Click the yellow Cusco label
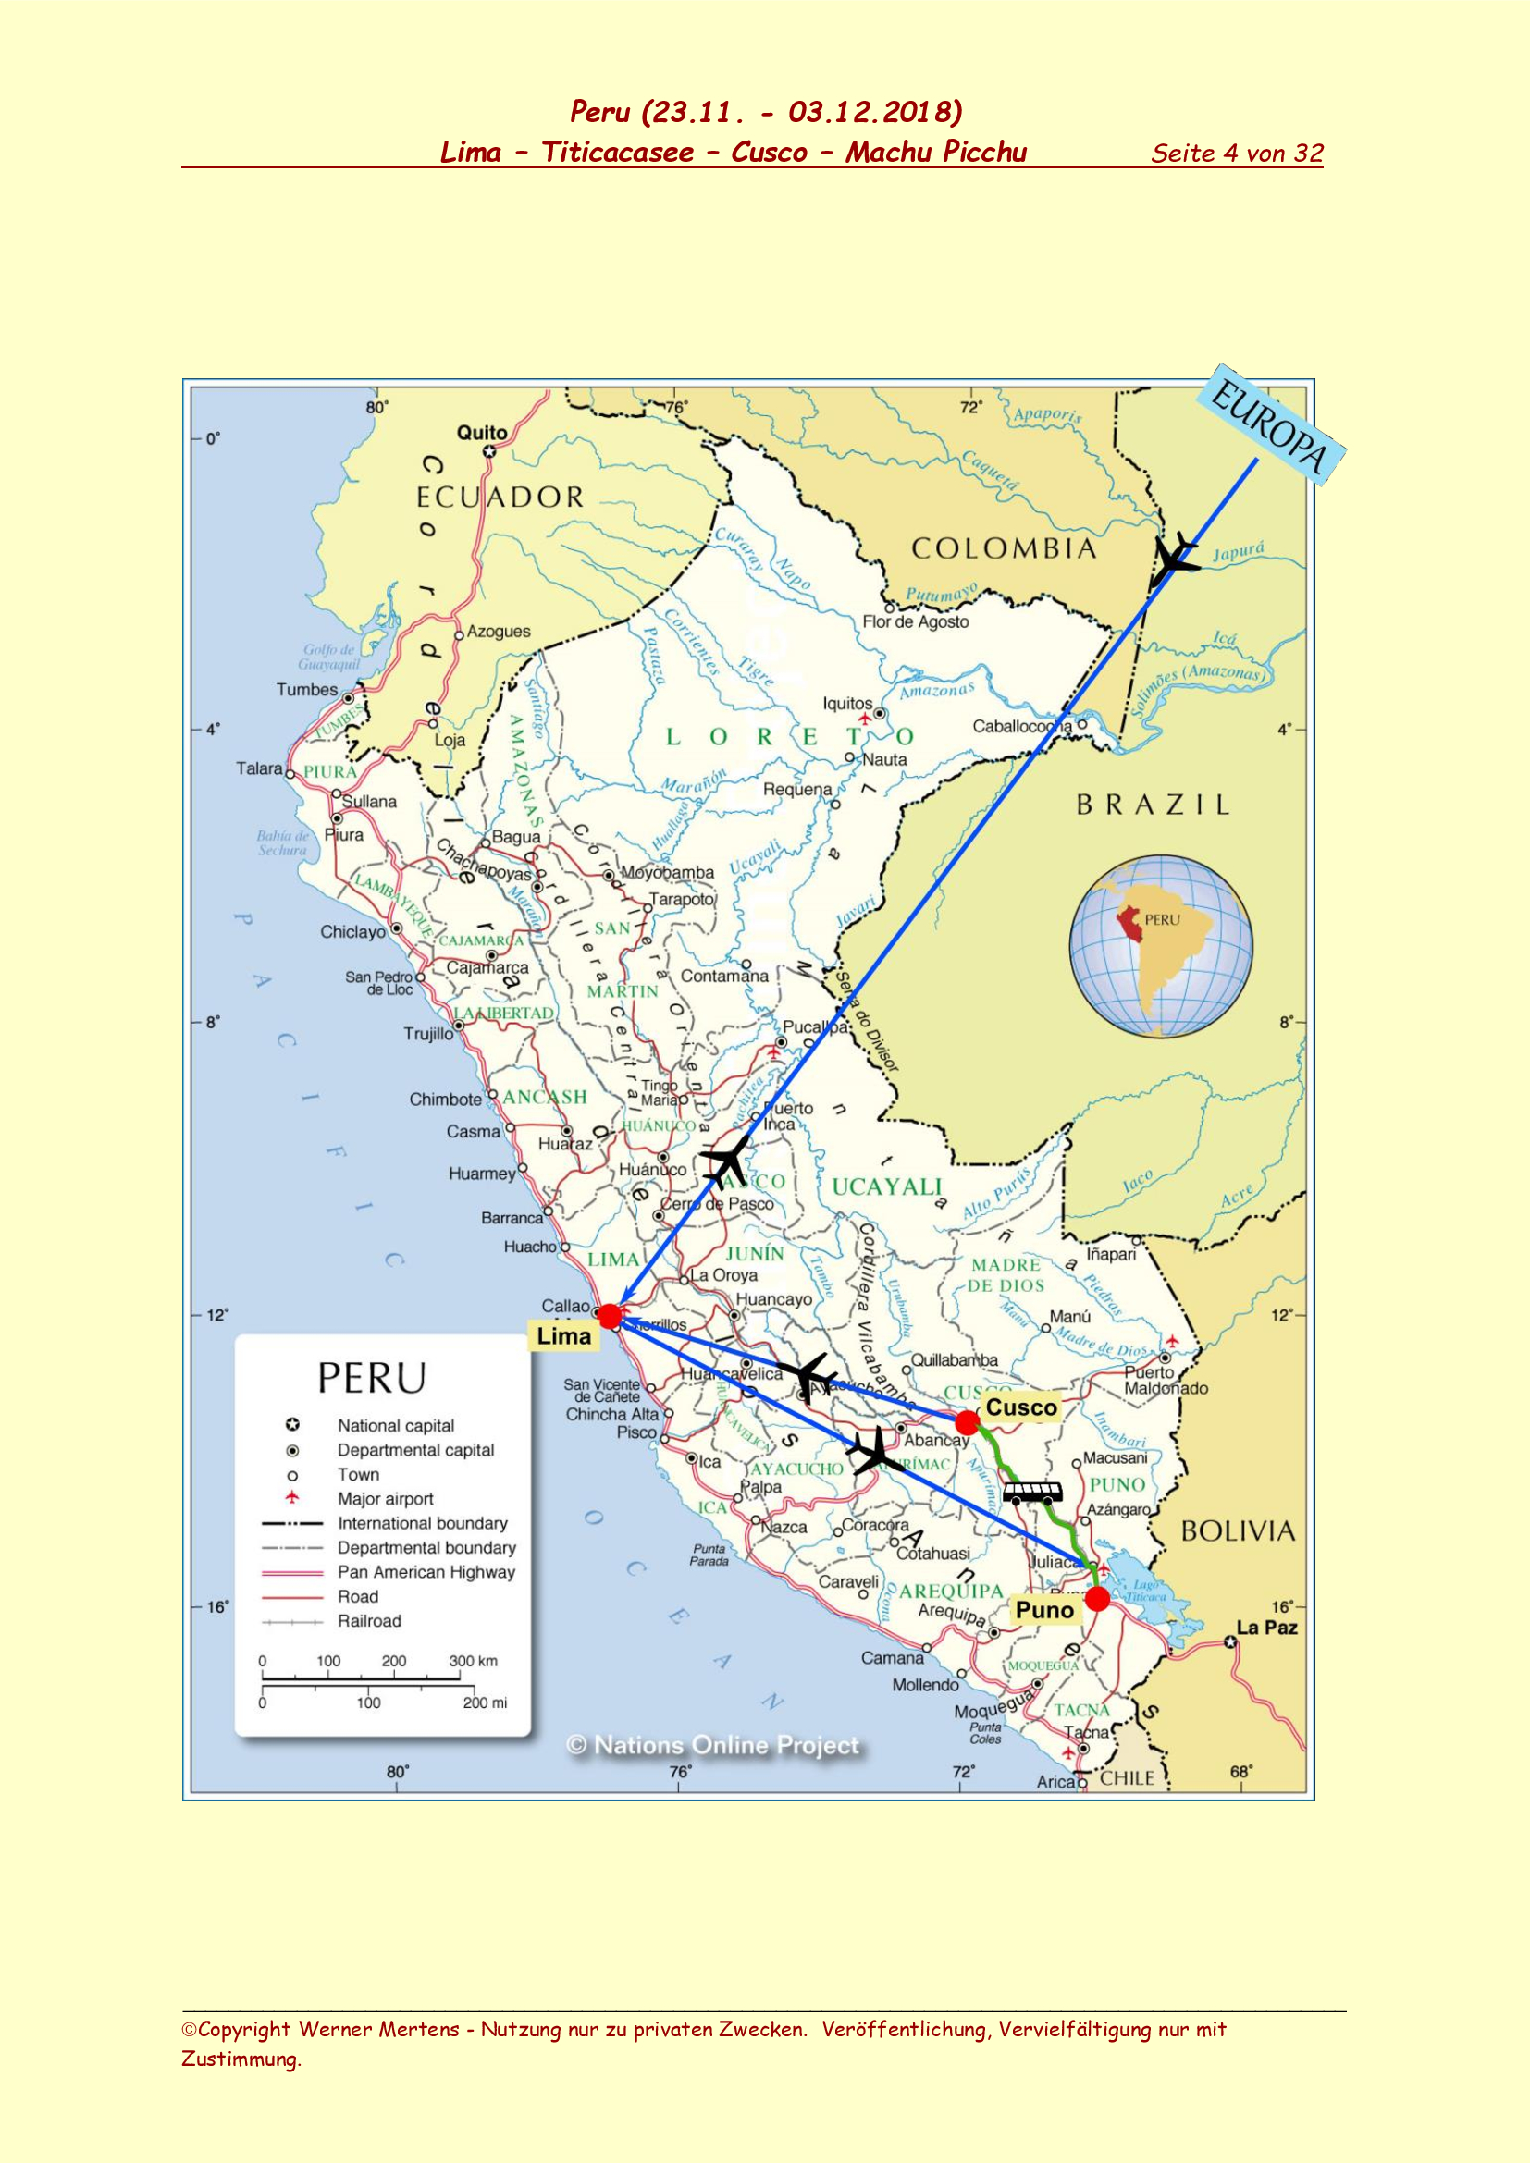pyautogui.click(x=1021, y=1407)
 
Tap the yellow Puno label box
pyautogui.click(x=1043, y=1610)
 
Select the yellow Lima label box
pyautogui.click(x=563, y=1336)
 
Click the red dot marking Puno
pyautogui.click(x=1098, y=1599)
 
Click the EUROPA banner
pyautogui.click(x=1271, y=424)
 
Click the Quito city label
pyautogui.click(x=481, y=433)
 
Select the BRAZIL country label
pyautogui.click(x=1154, y=805)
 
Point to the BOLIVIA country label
pyautogui.click(x=1238, y=1531)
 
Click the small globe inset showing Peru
pyautogui.click(x=1161, y=946)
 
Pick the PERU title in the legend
pyautogui.click(x=372, y=1378)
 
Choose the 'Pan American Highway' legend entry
pyautogui.click(x=426, y=1571)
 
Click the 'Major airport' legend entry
pyautogui.click(x=386, y=1498)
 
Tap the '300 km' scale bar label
pyautogui.click(x=473, y=1660)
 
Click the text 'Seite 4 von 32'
pyautogui.click(x=1237, y=154)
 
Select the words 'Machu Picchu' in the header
pyautogui.click(x=935, y=152)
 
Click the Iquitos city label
pyautogui.click(x=848, y=704)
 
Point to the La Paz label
pyautogui.click(x=1266, y=1627)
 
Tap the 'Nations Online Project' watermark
pyautogui.click(x=713, y=1745)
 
